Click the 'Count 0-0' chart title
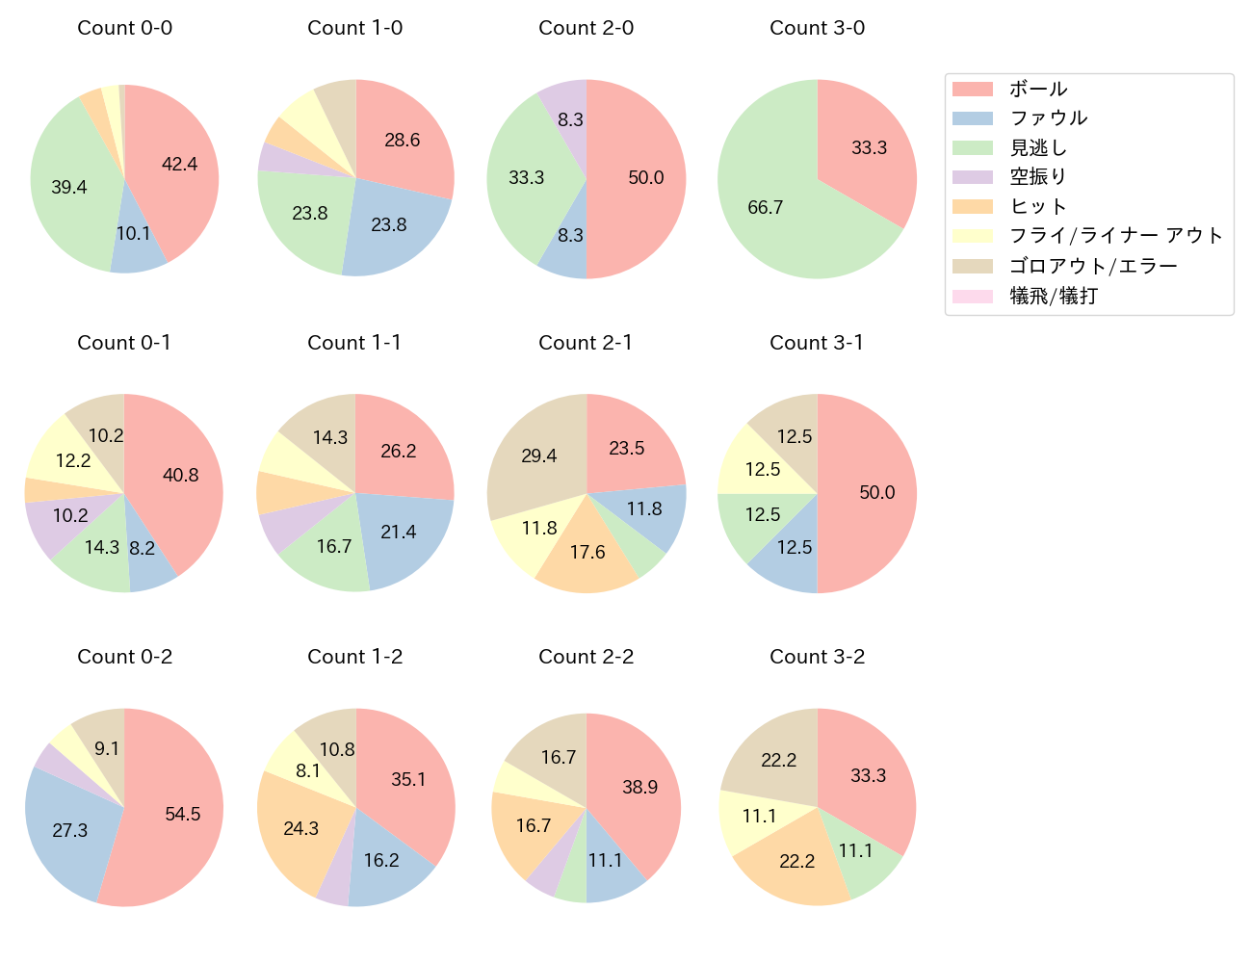(124, 28)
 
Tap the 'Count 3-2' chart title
(817, 657)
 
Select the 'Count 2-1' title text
(586, 343)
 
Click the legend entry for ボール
(1038, 89)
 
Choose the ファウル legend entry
(1048, 118)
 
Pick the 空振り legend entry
(1038, 177)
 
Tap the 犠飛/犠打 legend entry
(1054, 296)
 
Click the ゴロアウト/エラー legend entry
(1093, 266)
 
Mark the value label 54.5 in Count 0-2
(183, 815)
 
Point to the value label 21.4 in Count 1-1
(399, 533)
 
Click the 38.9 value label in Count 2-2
(639, 788)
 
